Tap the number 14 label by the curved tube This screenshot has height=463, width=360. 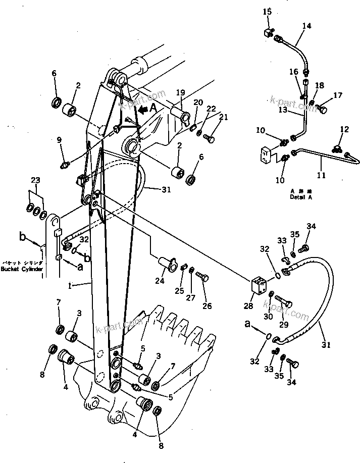(x=307, y=26)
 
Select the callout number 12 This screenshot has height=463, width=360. (x=344, y=129)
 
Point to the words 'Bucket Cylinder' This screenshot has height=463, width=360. (x=21, y=269)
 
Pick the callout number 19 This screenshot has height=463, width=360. (x=180, y=93)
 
